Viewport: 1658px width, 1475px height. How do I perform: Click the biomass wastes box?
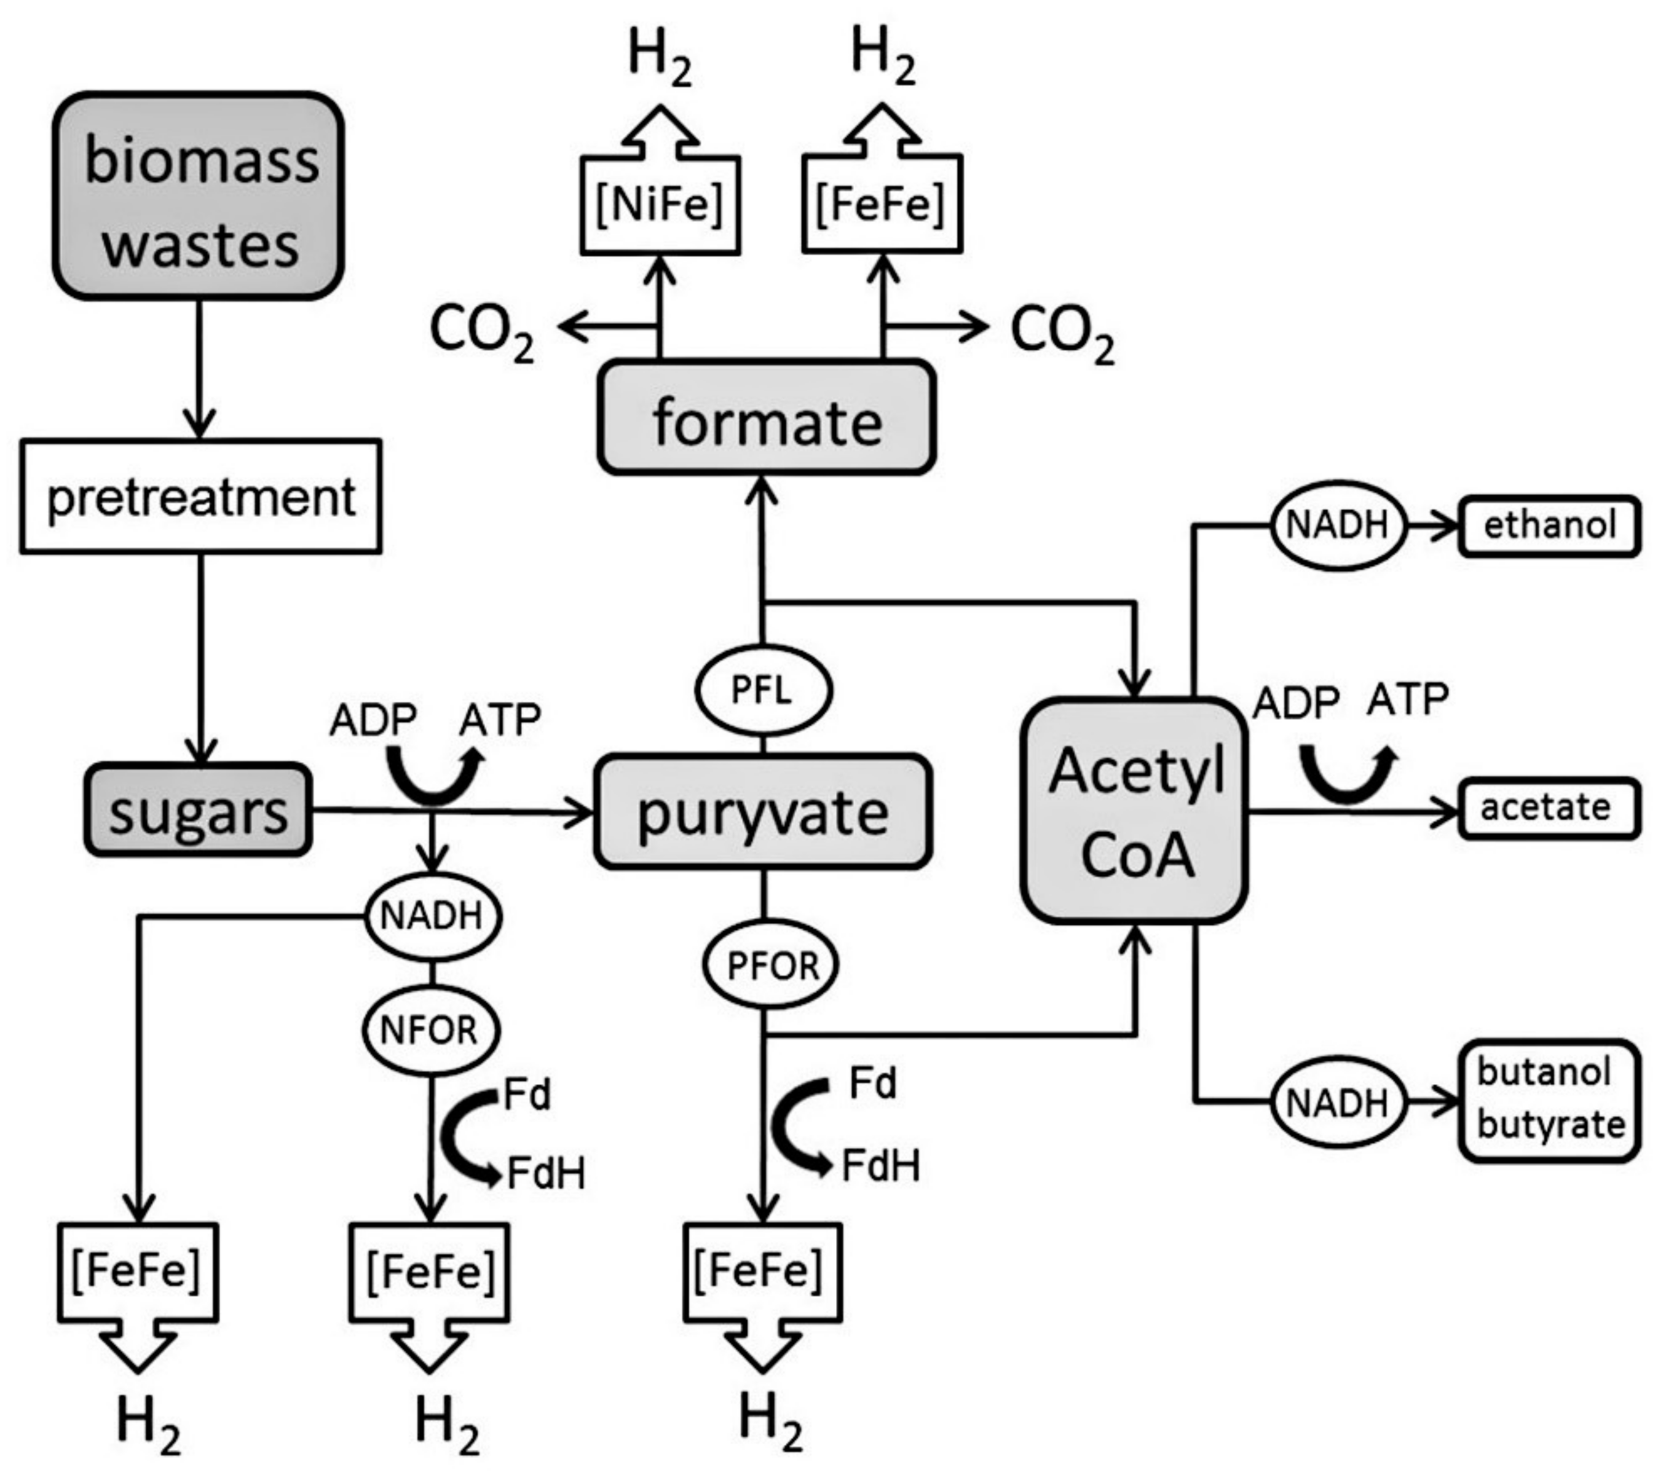[199, 196]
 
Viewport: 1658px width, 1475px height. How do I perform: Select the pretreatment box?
[200, 496]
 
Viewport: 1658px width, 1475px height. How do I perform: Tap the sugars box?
[198, 809]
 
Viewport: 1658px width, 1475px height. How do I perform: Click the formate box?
[767, 417]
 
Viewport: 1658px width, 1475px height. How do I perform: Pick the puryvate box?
[762, 811]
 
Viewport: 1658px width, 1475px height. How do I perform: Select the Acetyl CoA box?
[1134, 811]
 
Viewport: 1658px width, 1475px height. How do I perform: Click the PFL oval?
[762, 691]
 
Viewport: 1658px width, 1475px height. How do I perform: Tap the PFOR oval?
[770, 965]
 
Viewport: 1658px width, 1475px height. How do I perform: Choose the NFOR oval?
[430, 1030]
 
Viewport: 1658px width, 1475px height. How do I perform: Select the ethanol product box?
[1549, 525]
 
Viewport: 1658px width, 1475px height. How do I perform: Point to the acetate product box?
[1549, 808]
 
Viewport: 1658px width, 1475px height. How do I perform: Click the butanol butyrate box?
[1549, 1100]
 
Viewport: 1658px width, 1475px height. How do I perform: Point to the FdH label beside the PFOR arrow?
[880, 1166]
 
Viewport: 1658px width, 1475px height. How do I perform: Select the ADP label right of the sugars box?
[373, 718]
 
